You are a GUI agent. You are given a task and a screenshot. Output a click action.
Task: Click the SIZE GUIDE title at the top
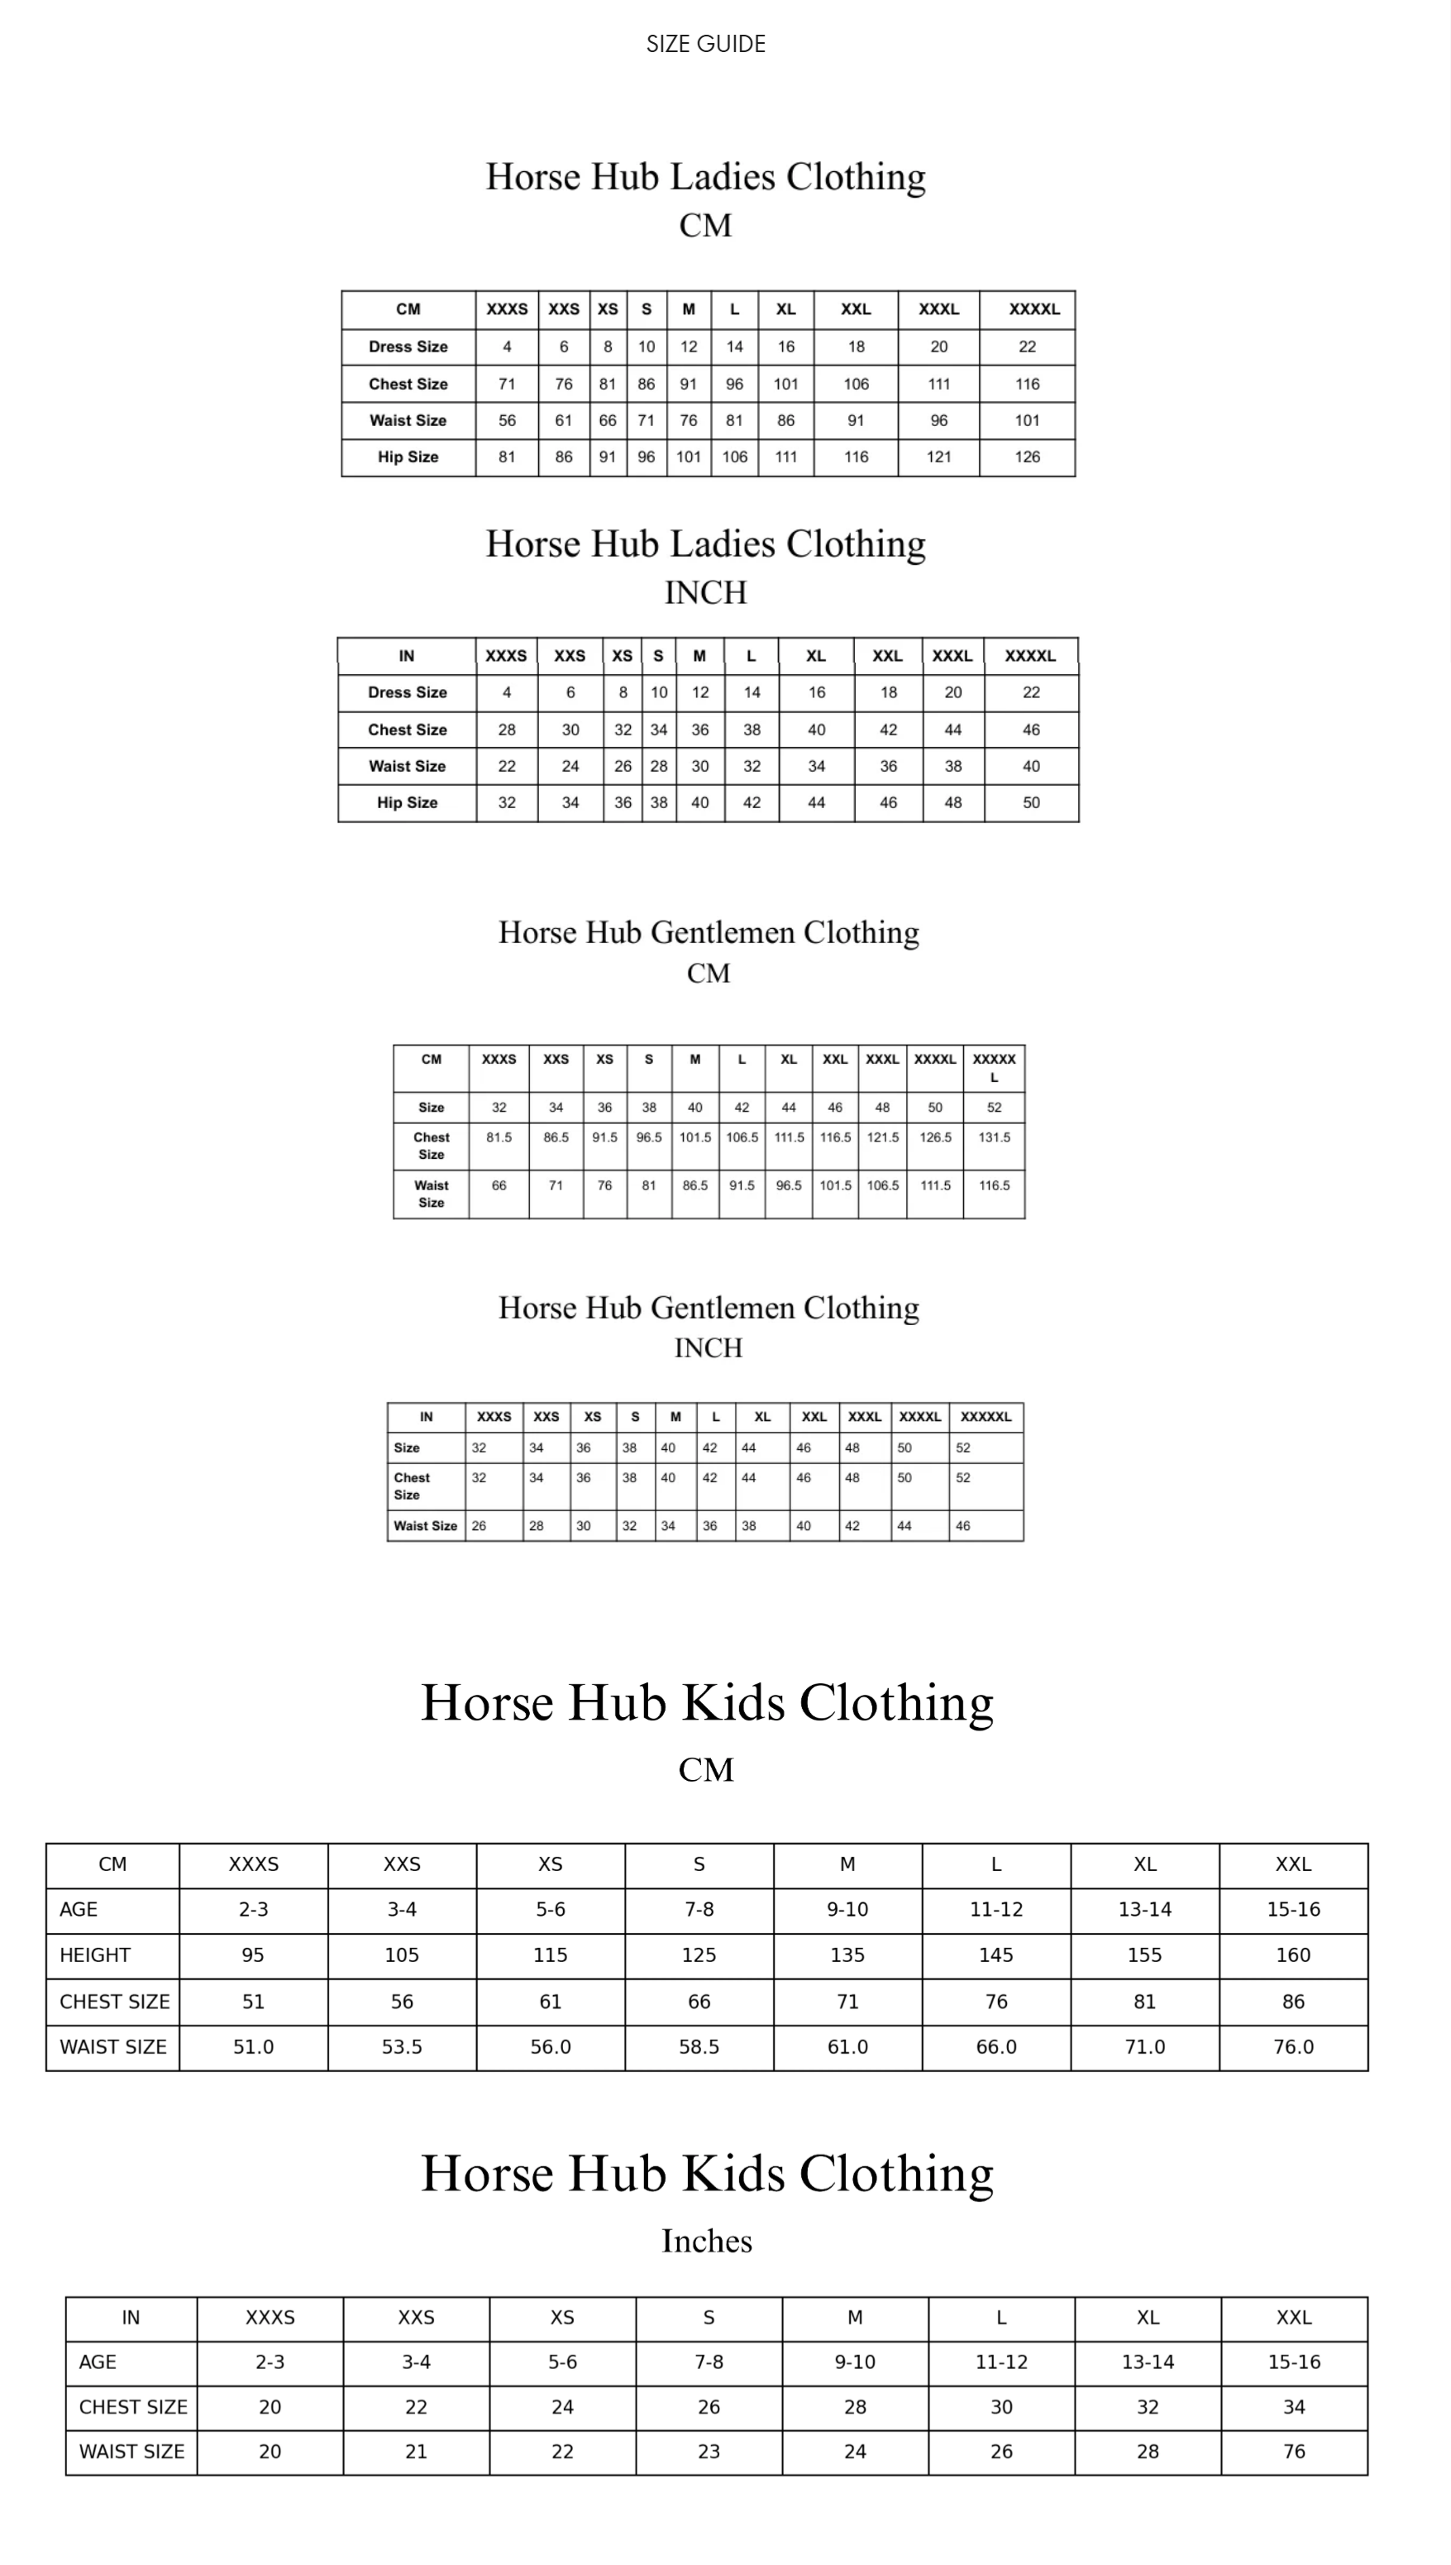[705, 44]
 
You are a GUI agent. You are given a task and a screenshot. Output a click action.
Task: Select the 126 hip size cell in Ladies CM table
[1027, 457]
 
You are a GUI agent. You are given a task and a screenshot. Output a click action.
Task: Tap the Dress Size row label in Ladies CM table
[408, 347]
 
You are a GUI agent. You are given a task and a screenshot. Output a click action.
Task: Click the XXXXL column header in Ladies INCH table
[1029, 656]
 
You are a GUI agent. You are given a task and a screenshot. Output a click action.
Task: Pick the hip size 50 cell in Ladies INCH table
[1030, 802]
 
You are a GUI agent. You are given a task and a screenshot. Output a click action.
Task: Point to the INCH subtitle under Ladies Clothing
[705, 593]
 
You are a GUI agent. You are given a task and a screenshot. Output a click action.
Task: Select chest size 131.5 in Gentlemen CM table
[994, 1137]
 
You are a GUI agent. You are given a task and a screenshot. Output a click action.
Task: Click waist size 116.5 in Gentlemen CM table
[994, 1185]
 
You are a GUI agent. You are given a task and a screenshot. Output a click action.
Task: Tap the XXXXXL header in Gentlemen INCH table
[986, 1417]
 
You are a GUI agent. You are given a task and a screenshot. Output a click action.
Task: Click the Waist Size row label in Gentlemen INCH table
[426, 1526]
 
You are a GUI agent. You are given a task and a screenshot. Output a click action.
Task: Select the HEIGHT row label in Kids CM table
[95, 1955]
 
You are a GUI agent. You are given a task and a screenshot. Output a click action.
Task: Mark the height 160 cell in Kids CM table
[1292, 1955]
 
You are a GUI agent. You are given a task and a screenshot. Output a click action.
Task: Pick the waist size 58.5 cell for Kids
[699, 2046]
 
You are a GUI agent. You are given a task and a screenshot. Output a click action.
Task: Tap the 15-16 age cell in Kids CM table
[1292, 1909]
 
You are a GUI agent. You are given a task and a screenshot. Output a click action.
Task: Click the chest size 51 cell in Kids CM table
[253, 2002]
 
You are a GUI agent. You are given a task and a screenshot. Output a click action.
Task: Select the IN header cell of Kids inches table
[131, 2318]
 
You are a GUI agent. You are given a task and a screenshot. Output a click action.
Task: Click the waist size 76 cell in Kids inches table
[1294, 2452]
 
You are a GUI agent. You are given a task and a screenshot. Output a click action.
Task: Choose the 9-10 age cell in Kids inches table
[854, 2362]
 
